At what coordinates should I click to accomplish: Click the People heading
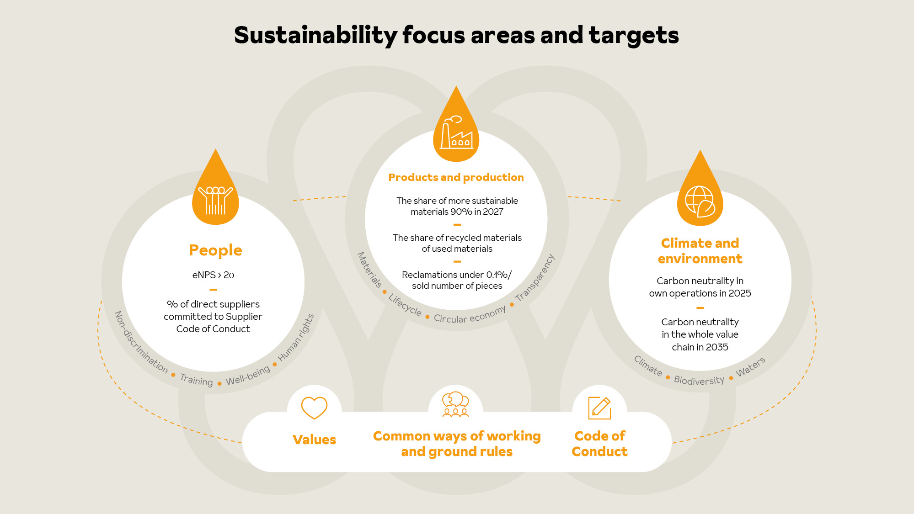coord(215,250)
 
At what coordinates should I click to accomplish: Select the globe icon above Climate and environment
coord(700,201)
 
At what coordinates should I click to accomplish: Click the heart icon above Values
coord(314,408)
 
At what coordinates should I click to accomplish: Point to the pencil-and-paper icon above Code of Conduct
coord(599,408)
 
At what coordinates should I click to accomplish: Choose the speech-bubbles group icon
coord(455,404)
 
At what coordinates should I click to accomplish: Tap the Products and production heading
coord(456,177)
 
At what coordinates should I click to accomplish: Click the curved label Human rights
coord(296,338)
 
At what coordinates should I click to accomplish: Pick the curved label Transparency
coord(535,278)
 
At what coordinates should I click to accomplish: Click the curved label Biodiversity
coord(699,380)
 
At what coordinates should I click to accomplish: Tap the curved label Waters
coord(750,366)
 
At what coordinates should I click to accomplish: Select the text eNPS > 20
coord(213,275)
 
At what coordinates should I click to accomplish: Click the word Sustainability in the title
coord(316,35)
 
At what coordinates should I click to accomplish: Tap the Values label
coord(314,440)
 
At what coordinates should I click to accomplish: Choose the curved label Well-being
coord(248,375)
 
